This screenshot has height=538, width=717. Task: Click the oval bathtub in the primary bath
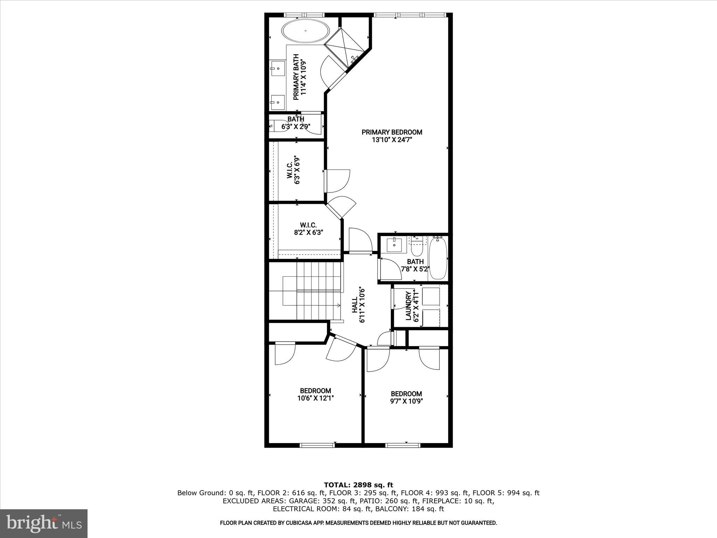coord(306,31)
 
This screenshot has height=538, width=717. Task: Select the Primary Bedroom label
coord(392,136)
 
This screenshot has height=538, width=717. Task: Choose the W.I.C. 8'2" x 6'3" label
coord(308,228)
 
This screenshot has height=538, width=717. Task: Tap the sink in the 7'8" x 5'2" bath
coord(396,244)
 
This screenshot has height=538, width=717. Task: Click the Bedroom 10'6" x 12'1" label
coord(315,394)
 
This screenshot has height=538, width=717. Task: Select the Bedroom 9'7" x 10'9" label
coord(406,397)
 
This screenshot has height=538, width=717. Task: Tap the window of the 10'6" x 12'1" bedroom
coord(317,445)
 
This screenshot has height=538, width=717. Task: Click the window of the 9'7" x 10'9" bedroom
coord(402,445)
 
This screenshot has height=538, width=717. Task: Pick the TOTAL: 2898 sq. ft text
coord(358,485)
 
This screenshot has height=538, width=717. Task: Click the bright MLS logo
coord(44,523)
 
